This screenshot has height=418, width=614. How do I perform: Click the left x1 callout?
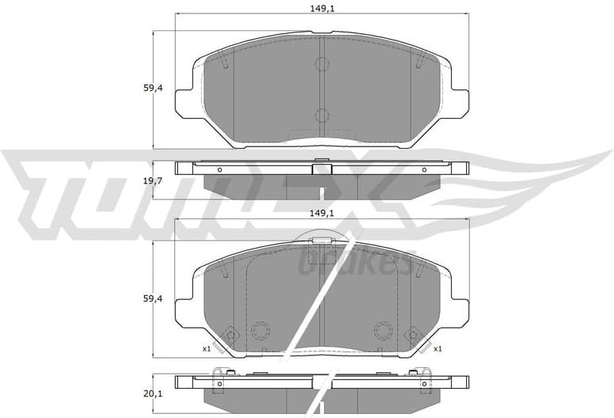pos(206,348)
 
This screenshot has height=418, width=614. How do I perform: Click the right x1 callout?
pos(437,348)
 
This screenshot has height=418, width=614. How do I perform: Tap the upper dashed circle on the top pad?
pos(321,64)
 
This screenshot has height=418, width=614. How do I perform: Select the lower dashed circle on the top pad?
pos(321,116)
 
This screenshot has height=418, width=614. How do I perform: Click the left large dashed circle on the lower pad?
pos(260,330)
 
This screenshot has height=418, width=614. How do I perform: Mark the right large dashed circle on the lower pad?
pos(384,330)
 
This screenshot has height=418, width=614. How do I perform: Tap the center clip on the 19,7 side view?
pos(321,168)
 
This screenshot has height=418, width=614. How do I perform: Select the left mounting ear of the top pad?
pos(184,99)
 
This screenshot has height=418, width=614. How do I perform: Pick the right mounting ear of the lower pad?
pos(460,308)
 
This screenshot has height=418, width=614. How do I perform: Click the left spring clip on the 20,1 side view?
pos(220,374)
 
